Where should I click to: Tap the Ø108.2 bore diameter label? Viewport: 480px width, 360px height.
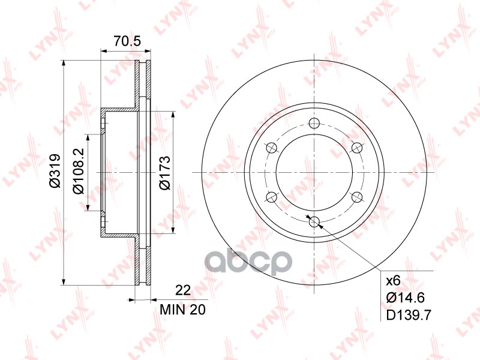[78, 173]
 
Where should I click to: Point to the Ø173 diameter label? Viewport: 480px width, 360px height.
[166, 173]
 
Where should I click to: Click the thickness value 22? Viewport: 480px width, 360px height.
[183, 290]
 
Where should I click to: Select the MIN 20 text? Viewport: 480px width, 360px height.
[184, 310]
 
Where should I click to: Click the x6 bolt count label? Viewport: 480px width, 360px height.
[392, 280]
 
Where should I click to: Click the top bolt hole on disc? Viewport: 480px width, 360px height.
[314, 124]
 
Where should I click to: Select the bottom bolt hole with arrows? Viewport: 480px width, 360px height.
[314, 222]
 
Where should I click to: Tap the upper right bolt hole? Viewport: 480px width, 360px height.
[356, 148]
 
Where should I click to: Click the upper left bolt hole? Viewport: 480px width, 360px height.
[271, 148]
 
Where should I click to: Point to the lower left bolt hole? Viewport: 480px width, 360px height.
[271, 197]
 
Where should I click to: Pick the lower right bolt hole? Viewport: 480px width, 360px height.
[356, 197]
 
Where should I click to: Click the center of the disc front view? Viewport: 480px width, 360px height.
[314, 173]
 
